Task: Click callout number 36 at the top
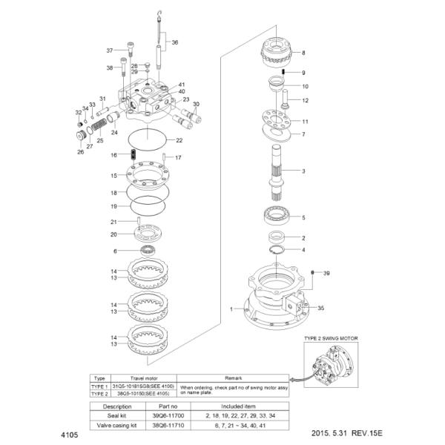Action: pos(175,42)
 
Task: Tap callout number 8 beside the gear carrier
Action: pos(303,53)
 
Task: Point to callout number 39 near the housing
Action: pos(326,274)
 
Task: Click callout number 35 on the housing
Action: pos(321,307)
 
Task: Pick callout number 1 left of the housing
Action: pos(232,308)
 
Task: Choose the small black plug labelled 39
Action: pos(314,274)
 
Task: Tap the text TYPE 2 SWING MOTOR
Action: pos(332,338)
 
